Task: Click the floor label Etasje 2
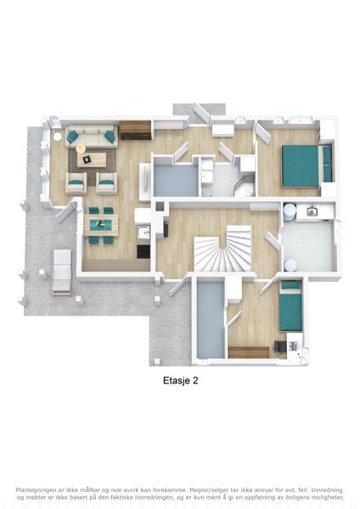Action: pyautogui.click(x=180, y=380)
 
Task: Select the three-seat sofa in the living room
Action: pyautogui.click(x=92, y=137)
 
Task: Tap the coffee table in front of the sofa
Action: pyautogui.click(x=92, y=159)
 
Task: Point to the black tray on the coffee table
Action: pyautogui.click(x=87, y=159)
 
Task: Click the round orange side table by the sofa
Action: pyautogui.click(x=81, y=148)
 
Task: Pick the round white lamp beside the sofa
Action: pyautogui.click(x=57, y=137)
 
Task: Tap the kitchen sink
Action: pyautogui.click(x=143, y=232)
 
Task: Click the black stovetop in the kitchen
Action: pyautogui.click(x=143, y=252)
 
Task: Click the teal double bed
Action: pyautogui.click(x=307, y=166)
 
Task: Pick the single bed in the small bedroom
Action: pyautogui.click(x=290, y=305)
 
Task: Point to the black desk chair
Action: pyautogui.click(x=279, y=346)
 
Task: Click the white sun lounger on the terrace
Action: pyautogui.click(x=62, y=272)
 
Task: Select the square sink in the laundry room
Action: pyautogui.click(x=312, y=211)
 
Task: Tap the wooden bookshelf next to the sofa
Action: pyautogui.click(x=136, y=130)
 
